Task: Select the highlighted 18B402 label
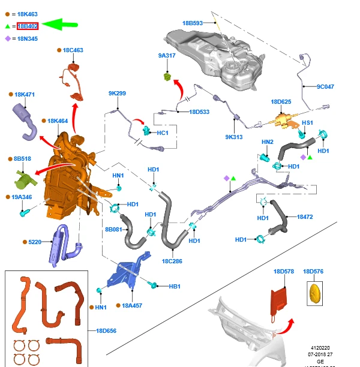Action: click(x=28, y=26)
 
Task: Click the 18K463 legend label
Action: click(x=28, y=13)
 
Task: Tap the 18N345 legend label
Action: click(x=28, y=39)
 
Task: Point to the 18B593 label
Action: click(x=193, y=23)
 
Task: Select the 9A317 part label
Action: click(x=166, y=55)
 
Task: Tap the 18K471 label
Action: click(x=25, y=95)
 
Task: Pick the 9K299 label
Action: click(x=117, y=94)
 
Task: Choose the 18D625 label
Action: click(x=281, y=102)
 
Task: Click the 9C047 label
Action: click(x=325, y=87)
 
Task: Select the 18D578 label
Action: click(x=284, y=272)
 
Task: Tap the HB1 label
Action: click(x=175, y=287)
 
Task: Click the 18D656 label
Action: click(x=106, y=330)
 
